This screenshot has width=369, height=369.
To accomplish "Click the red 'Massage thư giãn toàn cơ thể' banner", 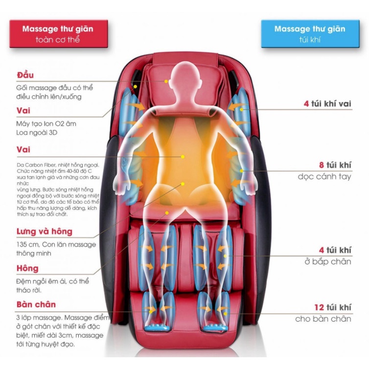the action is point(59,34).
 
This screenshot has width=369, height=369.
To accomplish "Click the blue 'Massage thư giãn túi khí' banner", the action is point(310,34).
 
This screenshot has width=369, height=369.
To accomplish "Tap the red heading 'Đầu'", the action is point(25,75).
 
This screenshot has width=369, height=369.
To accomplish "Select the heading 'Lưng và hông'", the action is point(44,231).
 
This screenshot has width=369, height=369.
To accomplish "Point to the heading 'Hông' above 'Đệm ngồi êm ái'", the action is point(27,268).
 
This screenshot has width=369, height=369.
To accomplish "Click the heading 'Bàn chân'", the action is point(36,304).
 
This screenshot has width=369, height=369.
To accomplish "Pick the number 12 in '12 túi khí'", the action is point(319,307).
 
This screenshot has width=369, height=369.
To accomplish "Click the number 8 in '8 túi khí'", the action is point(322,165).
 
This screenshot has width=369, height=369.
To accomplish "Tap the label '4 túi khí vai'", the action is point(327,104).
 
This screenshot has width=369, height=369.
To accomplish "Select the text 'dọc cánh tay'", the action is point(324,177).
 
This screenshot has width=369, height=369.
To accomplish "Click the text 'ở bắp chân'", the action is point(328,261).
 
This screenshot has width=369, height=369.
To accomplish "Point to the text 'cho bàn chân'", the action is point(323,319).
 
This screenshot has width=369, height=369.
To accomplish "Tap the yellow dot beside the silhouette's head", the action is point(166,81).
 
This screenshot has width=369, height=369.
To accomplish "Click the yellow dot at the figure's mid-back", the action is point(183,157).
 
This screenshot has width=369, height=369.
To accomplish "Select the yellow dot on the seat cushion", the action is point(167,213).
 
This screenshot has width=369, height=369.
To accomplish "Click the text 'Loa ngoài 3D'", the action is point(37,133).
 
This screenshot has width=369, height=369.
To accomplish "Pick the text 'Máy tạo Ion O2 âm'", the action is point(46,124).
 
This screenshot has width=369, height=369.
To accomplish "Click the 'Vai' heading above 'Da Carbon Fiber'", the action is point(23,149).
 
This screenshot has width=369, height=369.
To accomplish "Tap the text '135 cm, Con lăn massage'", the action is point(56,245).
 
